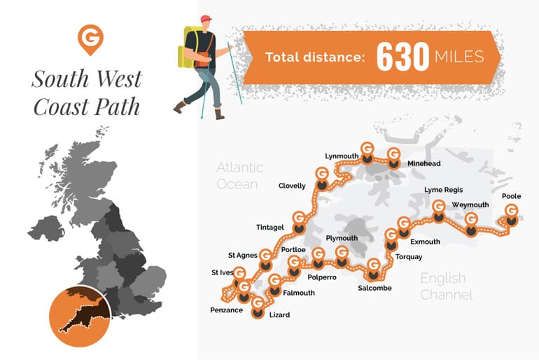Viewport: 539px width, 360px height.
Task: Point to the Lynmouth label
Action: pos(342,155)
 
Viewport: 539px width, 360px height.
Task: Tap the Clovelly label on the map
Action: pos(292,186)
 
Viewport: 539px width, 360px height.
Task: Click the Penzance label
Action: pos(226,309)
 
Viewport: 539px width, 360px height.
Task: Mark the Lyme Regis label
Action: pos(444,190)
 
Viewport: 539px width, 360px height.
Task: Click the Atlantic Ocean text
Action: pos(239,176)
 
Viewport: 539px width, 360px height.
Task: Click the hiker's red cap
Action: pos(206,19)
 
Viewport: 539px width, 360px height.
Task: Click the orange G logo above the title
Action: pos(87,39)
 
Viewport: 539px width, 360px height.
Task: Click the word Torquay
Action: pos(409,257)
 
